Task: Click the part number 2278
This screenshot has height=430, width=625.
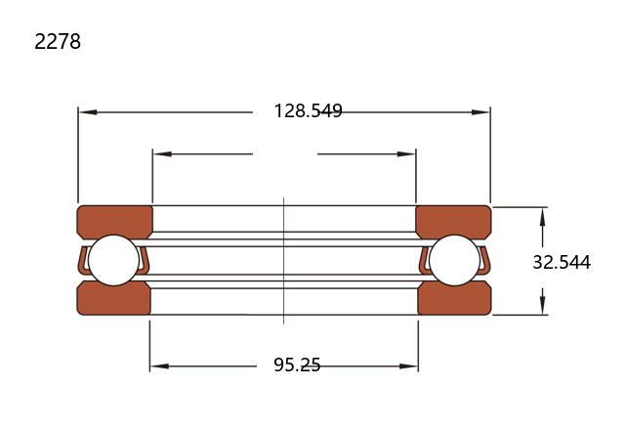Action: point(58,41)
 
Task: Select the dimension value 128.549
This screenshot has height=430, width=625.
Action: point(309,110)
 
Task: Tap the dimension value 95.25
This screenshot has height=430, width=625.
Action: point(297,365)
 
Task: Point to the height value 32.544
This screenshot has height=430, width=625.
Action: point(562,262)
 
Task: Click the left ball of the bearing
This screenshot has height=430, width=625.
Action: point(113,260)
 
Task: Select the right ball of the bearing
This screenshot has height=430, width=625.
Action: point(454,260)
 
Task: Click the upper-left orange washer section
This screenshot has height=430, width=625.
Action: point(114,221)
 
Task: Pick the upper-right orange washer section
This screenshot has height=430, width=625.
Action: point(453,221)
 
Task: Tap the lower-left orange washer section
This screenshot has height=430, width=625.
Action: point(113,299)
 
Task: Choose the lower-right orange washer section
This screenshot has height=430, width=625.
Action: point(454,299)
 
